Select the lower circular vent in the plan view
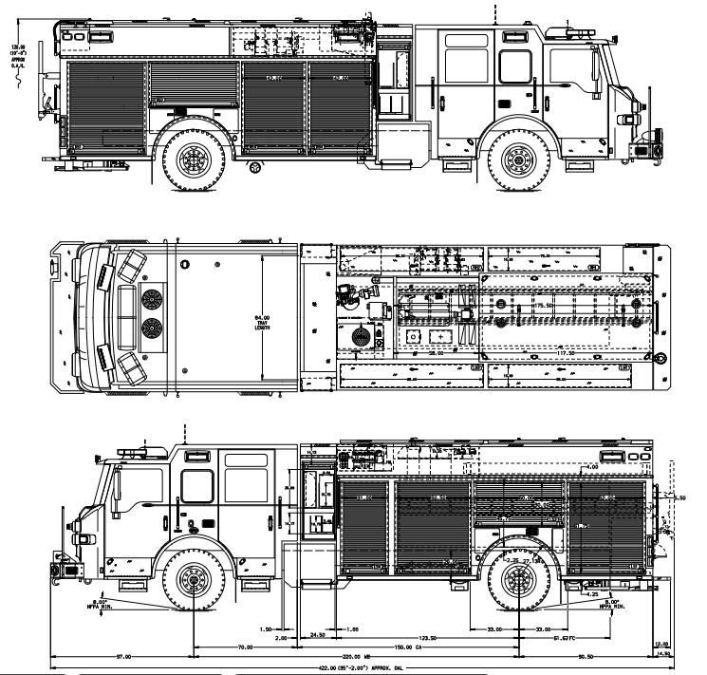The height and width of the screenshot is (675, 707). pyautogui.click(x=149, y=328)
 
